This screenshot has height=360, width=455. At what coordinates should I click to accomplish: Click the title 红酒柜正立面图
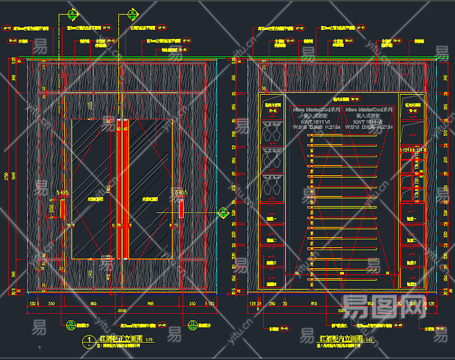118,339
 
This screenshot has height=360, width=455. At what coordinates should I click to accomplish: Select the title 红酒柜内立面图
340,339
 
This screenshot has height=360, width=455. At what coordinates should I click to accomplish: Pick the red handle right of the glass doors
181,209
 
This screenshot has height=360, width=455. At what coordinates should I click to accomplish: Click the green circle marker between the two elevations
223,212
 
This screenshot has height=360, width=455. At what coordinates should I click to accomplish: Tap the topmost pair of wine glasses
271,129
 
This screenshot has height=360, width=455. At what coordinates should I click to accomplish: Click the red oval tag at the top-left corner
8,28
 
